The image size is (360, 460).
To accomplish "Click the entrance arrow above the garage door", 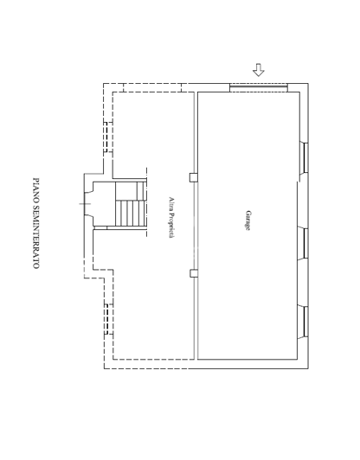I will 258,70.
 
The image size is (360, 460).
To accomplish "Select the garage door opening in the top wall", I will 258,86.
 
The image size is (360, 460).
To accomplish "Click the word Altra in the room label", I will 171,203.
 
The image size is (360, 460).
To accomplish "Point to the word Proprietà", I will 171,226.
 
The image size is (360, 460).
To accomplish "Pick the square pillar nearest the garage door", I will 194,177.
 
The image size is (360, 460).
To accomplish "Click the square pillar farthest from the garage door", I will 194,273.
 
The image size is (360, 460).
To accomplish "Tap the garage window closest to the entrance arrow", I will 305,158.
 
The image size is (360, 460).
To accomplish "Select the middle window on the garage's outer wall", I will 305,243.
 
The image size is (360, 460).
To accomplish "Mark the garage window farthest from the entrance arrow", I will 305,319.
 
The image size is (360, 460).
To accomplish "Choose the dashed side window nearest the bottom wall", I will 108,319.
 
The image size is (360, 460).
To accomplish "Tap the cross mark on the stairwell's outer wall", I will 84,204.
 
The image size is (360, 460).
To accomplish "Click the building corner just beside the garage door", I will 304,86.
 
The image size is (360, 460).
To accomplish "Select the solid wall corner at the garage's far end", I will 304,364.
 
